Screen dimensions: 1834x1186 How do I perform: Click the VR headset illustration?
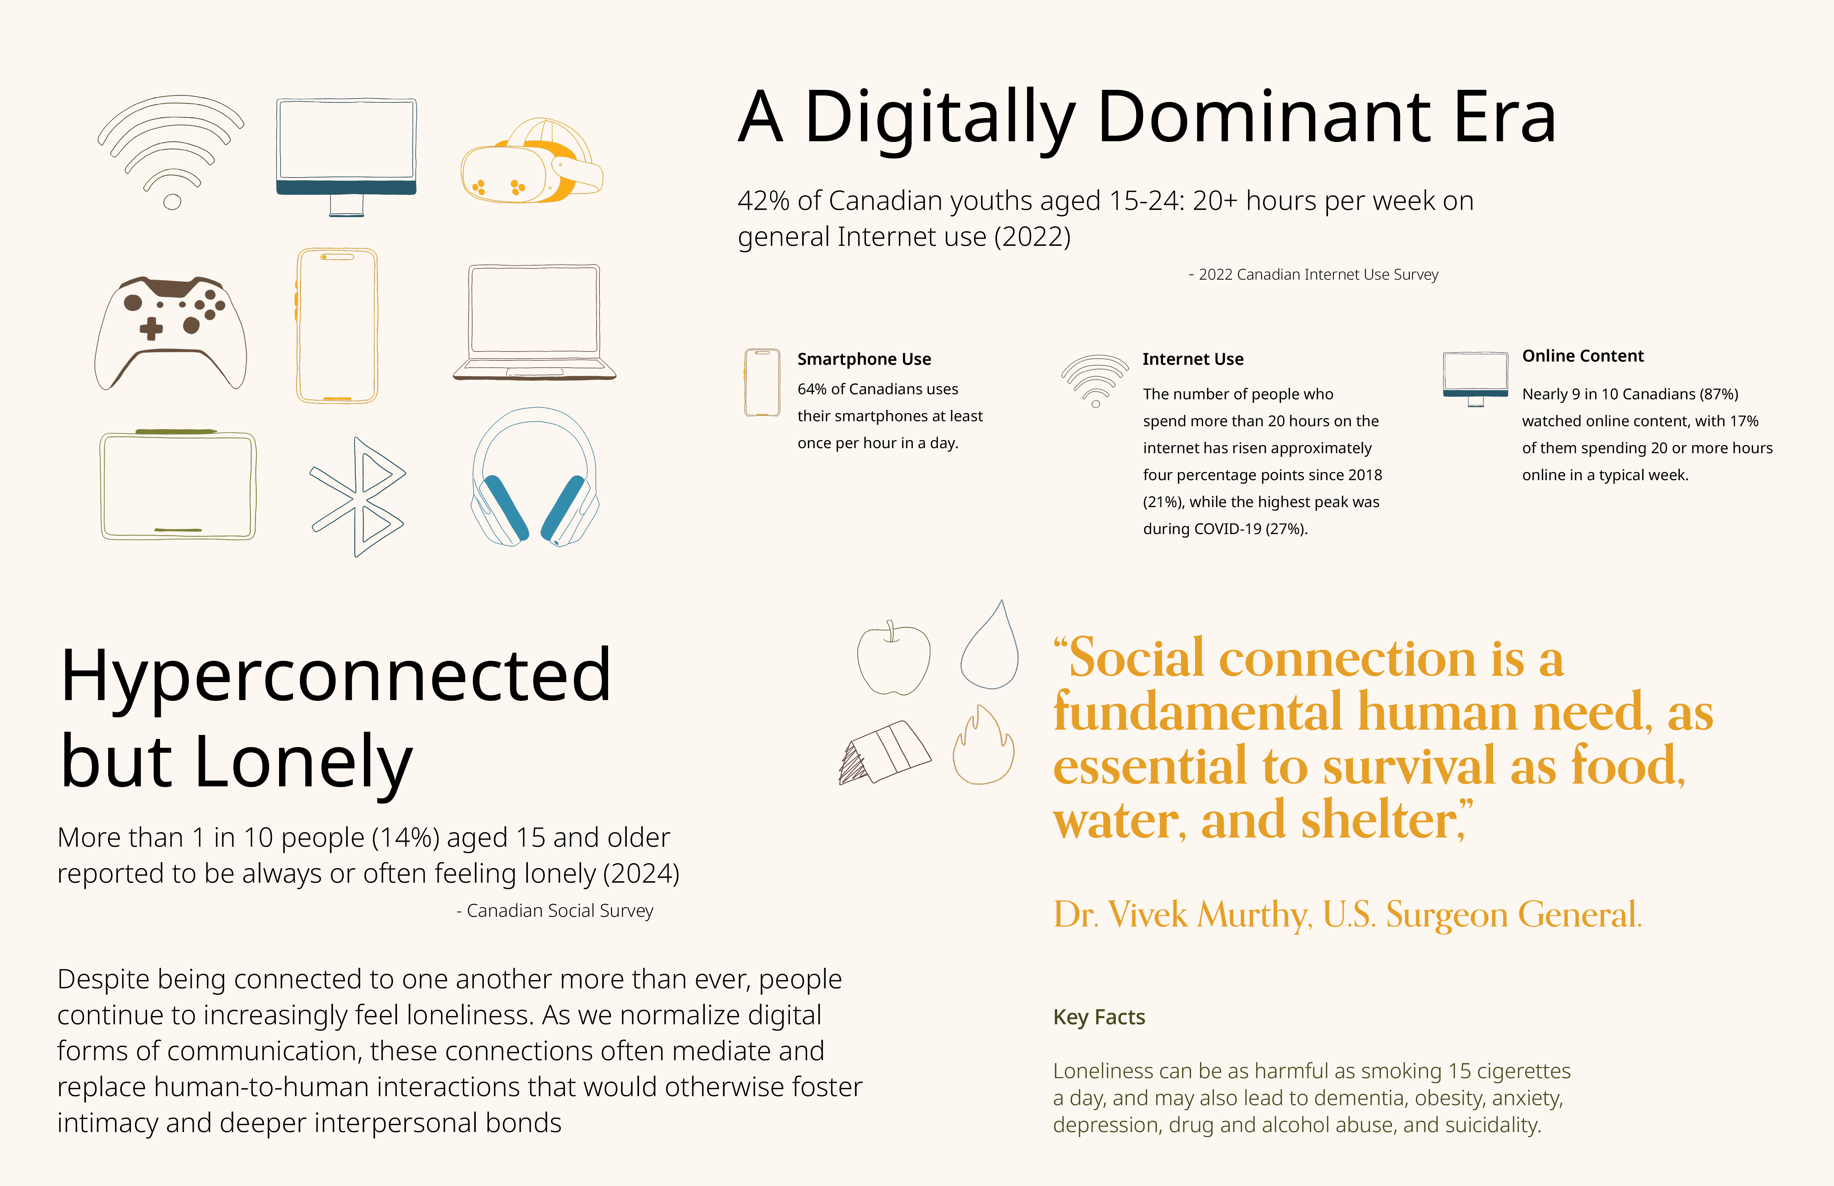(532, 162)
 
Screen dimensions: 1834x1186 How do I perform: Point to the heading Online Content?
(1583, 356)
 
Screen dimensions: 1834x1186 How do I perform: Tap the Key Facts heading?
(1099, 1017)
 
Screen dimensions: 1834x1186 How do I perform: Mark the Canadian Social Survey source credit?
(555, 911)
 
